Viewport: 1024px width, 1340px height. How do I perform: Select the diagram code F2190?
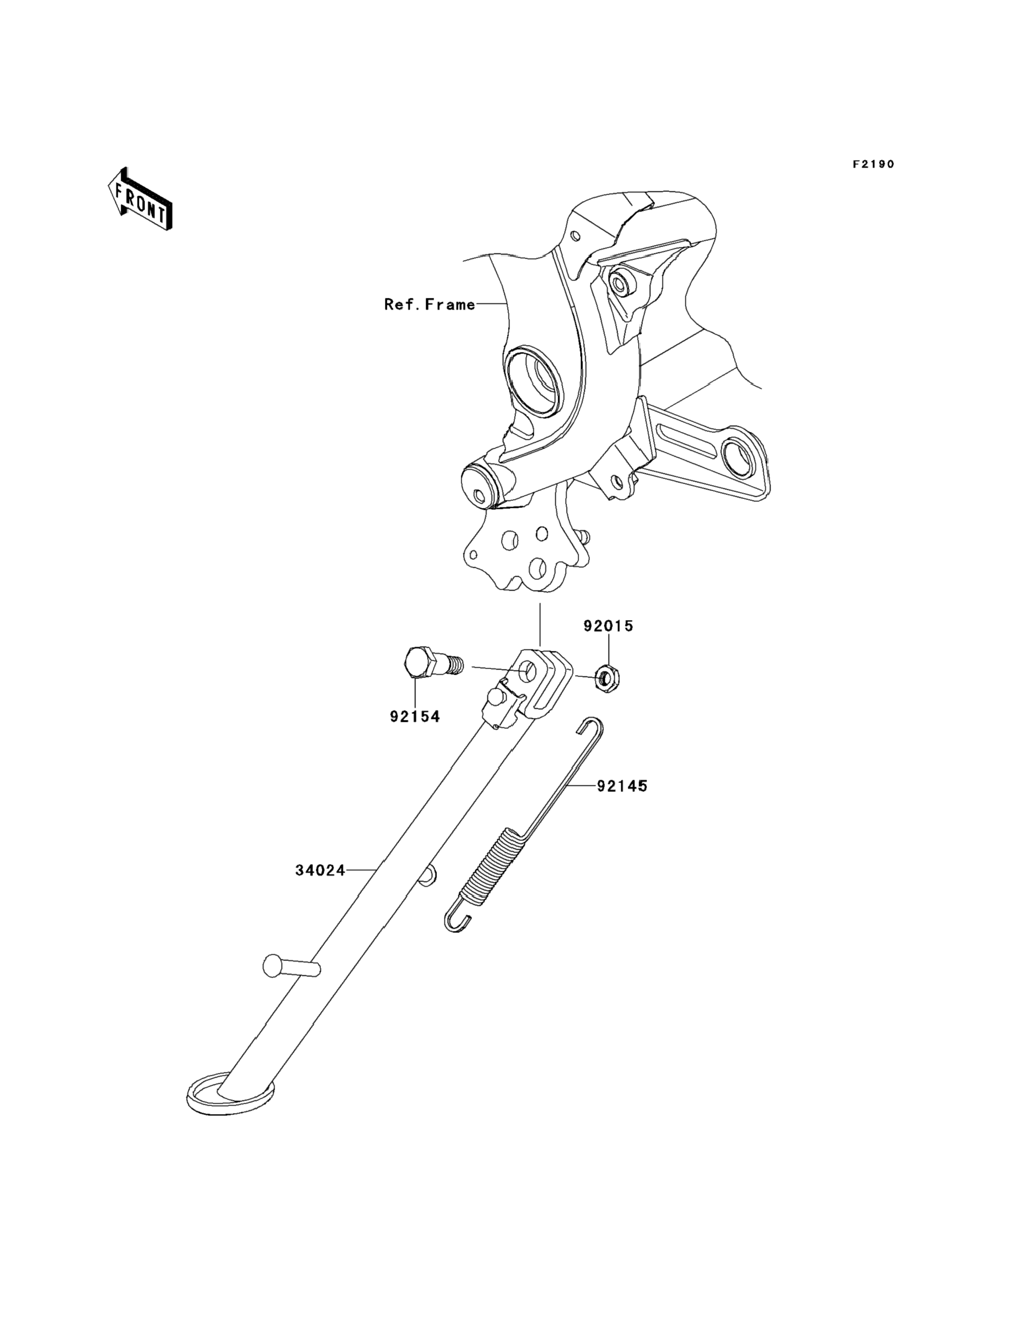coord(873,164)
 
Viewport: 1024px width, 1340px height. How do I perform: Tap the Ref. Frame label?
coord(429,304)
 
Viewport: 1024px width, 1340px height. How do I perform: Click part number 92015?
coord(608,626)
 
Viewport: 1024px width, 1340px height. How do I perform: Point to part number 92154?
coord(415,716)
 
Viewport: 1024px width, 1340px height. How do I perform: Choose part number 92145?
coord(622,786)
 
